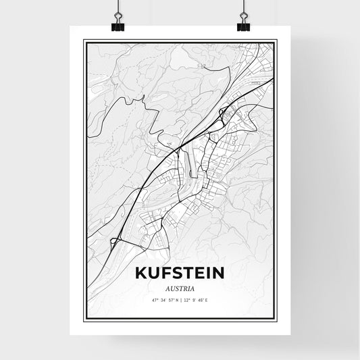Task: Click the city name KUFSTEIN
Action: [180, 275]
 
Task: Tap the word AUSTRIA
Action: [180, 289]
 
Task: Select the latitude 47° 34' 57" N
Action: [163, 300]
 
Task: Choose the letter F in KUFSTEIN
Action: [163, 275]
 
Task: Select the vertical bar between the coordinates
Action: [180, 300]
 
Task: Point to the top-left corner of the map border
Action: [84, 43]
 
